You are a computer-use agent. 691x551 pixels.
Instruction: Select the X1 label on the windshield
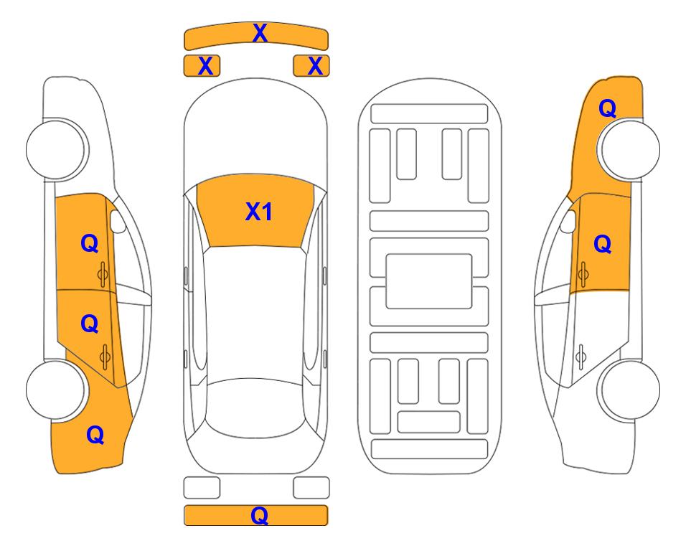pos(259,212)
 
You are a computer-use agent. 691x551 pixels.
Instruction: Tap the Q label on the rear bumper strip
pos(260,515)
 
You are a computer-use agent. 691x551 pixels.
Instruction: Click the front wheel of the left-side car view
pos(56,149)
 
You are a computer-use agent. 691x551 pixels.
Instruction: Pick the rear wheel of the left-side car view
pos(56,390)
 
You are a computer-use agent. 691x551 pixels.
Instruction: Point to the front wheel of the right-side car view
pos(630,149)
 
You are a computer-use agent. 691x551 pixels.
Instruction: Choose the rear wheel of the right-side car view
pos(630,390)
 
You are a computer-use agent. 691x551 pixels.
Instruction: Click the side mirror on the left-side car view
pos(118,221)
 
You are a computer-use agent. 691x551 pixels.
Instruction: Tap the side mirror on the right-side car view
pos(568,221)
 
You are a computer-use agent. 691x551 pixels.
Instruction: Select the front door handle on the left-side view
pos(103,275)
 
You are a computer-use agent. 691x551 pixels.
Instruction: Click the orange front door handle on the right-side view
pos(583,274)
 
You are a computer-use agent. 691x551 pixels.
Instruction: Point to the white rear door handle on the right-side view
pos(581,357)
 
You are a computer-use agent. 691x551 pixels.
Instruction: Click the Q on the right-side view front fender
pos(607,108)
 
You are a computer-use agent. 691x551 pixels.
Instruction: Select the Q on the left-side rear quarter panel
pos(95,435)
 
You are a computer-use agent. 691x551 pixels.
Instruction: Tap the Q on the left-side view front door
pos(90,243)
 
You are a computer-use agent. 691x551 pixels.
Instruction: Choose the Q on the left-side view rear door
pos(90,324)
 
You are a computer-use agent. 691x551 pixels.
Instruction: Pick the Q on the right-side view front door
pos(603,244)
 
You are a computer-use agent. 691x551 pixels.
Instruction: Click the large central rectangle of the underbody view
pos(429,281)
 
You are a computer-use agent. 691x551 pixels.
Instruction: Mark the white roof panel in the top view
pos(255,313)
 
